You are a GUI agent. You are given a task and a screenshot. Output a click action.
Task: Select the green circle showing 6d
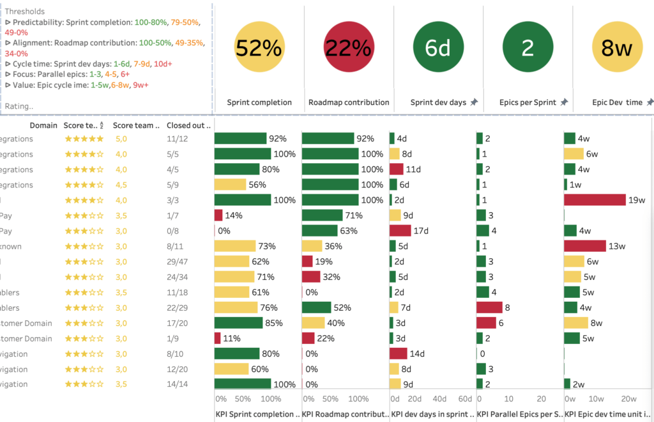(x=438, y=49)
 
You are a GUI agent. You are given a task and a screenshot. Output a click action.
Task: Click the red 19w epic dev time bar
(x=595, y=199)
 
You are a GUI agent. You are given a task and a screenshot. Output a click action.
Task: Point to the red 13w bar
(x=585, y=246)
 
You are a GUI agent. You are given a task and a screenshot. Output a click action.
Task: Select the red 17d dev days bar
(x=400, y=230)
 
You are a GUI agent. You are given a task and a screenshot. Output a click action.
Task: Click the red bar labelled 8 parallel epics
(x=489, y=307)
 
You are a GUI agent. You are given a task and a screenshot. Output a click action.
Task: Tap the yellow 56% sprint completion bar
(x=230, y=184)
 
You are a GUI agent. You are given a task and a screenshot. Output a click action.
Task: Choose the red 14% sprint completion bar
(x=218, y=215)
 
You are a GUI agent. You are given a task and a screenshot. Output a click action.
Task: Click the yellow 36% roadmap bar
(x=312, y=246)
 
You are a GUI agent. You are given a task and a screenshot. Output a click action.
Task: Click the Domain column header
(x=43, y=125)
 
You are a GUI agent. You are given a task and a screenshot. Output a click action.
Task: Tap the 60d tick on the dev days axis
(x=465, y=398)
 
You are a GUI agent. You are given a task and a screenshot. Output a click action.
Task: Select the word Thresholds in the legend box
(x=25, y=12)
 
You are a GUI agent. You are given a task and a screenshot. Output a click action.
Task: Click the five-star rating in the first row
(x=84, y=138)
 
